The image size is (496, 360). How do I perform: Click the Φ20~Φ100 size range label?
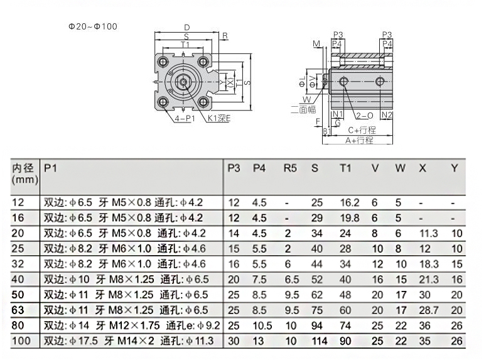[x=93, y=26]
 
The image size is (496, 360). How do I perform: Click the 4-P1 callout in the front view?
[x=185, y=118]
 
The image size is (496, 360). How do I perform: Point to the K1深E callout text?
[x=219, y=118]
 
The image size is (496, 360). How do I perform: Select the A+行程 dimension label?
[x=359, y=140]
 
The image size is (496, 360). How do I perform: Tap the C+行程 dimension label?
[x=362, y=130]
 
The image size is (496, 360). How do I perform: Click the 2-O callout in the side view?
[x=365, y=116]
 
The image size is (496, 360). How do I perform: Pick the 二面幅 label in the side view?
[x=303, y=109]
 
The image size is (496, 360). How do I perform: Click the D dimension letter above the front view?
[x=187, y=28]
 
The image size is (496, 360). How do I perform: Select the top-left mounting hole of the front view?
[x=163, y=62]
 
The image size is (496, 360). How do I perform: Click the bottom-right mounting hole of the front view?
[x=203, y=102]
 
